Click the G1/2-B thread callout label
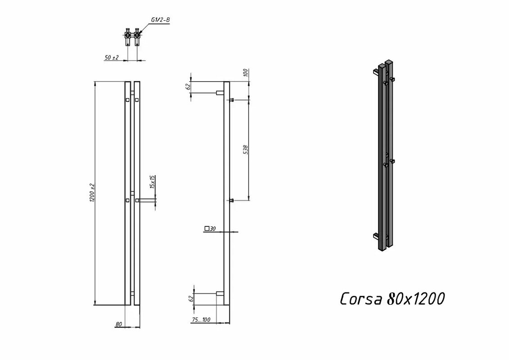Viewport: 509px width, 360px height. pos(160,20)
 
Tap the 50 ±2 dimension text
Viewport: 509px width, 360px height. pos(112,58)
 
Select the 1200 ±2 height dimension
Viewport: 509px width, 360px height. pos(92,192)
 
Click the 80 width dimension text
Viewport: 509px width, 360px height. pos(118,324)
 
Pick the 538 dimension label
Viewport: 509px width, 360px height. pos(246,150)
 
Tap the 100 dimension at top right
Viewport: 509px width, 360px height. pos(246,73)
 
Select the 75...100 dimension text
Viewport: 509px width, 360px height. pos(201,320)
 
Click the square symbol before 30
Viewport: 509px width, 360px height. pos(207,229)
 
